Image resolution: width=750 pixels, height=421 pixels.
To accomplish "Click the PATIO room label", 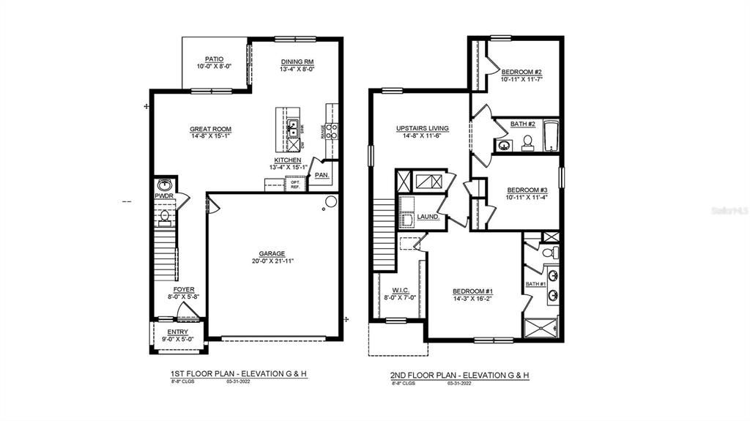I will point(214,59).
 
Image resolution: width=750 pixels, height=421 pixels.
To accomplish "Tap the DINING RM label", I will point(297,62).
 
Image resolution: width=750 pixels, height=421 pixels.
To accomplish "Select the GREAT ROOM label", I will point(210,129).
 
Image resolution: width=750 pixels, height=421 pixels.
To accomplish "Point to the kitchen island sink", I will point(292,127).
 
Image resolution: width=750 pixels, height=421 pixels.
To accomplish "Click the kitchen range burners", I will point(331,131).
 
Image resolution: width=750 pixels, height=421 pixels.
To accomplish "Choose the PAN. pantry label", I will point(322,176).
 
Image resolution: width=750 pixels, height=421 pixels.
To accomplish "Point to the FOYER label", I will point(184,290).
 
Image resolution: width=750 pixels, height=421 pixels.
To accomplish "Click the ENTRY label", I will point(177,332).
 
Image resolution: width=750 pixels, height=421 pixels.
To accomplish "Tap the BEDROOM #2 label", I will point(521,72).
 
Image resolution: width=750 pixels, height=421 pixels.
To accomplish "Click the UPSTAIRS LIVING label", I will point(423,128).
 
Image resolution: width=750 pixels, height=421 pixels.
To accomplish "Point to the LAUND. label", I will point(428,217).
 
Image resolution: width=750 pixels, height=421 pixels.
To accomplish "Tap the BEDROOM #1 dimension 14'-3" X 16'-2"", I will point(477,299).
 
